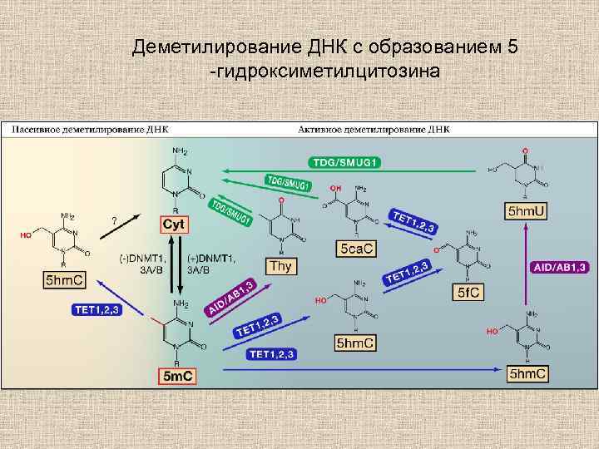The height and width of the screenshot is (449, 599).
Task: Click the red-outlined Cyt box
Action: click(175, 224)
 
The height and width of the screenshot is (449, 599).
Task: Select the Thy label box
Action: click(278, 266)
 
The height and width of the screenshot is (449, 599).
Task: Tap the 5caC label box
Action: click(357, 249)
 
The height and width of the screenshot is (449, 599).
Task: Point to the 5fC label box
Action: click(467, 293)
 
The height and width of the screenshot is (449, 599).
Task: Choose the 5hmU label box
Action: click(526, 213)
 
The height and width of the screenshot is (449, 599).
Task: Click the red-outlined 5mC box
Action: click(177, 376)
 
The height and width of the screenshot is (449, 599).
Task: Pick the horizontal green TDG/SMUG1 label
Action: click(345, 162)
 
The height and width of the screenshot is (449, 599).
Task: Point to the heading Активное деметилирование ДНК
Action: click(374, 130)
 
